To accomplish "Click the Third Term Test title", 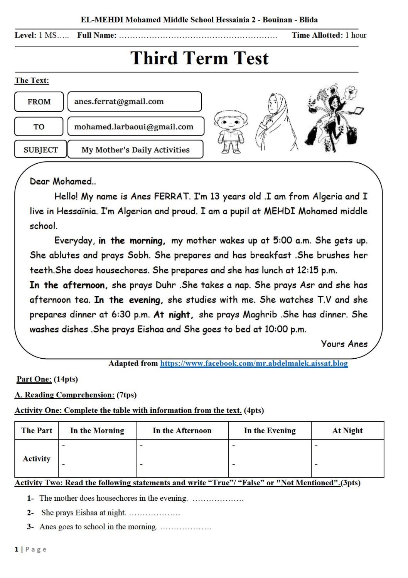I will (199, 59).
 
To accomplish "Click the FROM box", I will (39, 102).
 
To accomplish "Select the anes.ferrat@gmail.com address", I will (119, 102).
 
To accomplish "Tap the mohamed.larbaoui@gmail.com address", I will (134, 127).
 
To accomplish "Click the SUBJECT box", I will (40, 150).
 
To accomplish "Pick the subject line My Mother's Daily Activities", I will (135, 150).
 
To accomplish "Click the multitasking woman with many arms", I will (334, 118).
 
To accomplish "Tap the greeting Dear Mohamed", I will (63, 181).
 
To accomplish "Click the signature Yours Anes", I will (344, 344).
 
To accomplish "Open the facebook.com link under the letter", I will (254, 363).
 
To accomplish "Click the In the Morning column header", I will (97, 431).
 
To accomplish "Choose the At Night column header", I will (347, 431).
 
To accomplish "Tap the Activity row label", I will (37, 459).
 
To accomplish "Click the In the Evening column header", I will (270, 431).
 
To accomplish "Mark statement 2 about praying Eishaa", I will (84, 513).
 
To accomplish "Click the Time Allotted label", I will (317, 35).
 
